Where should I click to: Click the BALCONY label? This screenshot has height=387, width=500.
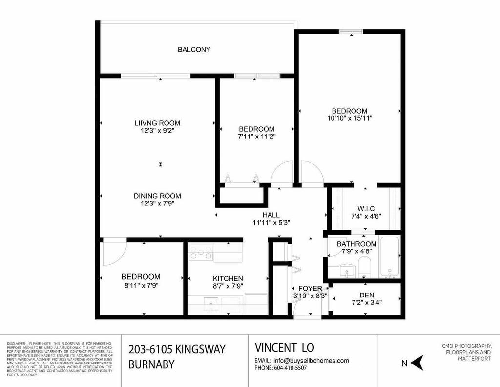(194, 49)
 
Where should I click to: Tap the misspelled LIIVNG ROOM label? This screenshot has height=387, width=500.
(157, 123)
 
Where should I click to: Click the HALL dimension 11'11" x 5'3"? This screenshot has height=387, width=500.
(271, 223)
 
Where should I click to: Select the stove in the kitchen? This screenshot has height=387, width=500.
(201, 253)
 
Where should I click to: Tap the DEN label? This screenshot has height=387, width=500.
(367, 295)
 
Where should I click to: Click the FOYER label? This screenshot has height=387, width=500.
(310, 288)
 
